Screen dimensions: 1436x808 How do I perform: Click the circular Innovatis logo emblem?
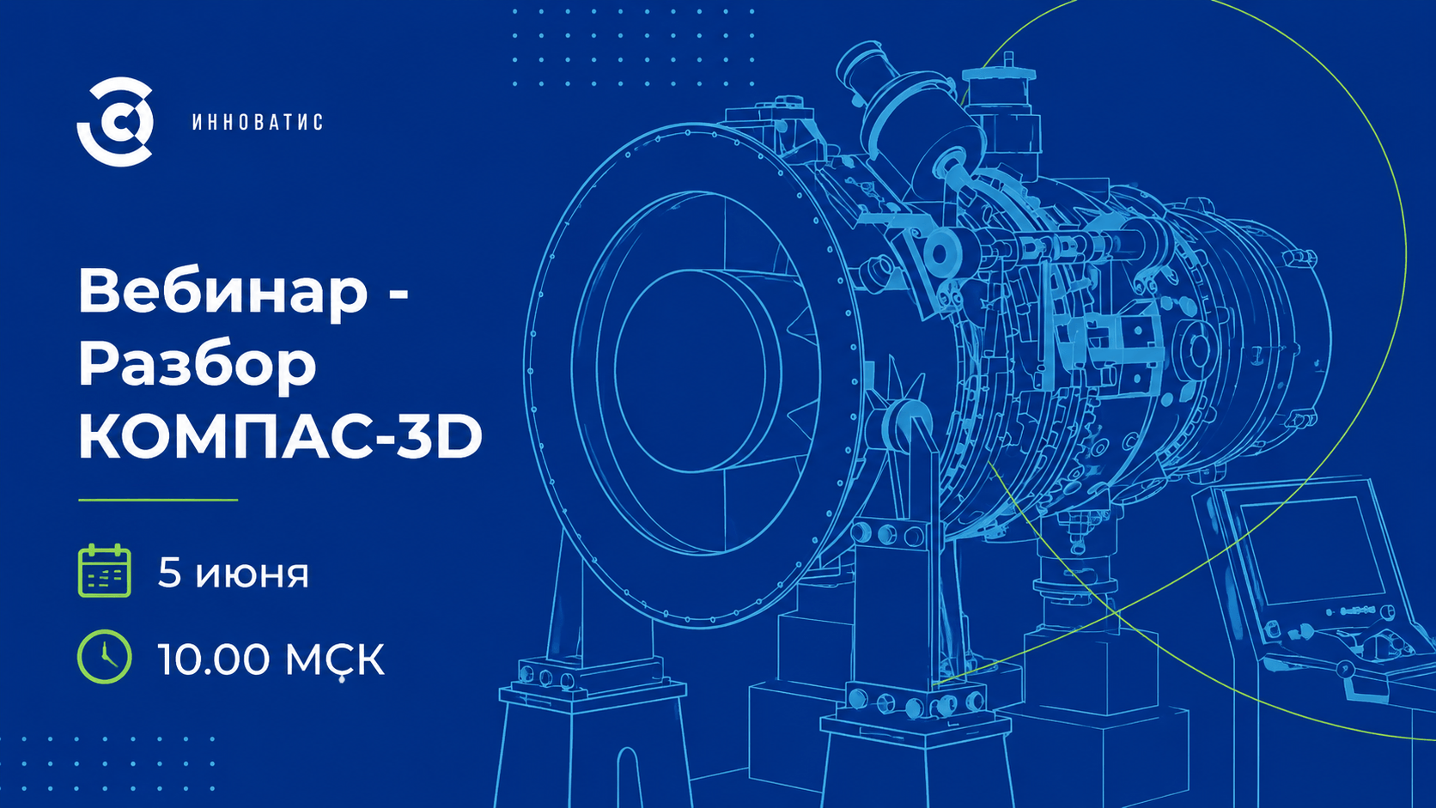(115, 122)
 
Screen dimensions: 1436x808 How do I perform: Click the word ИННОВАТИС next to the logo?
(258, 122)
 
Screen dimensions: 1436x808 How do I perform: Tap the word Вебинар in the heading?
(223, 292)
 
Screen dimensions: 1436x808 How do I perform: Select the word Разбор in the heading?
(198, 366)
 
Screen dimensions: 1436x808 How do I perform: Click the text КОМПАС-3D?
(280, 438)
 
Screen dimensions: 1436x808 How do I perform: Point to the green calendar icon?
(105, 571)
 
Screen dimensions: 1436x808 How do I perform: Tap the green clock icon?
(105, 657)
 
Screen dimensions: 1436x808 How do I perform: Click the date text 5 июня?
(234, 573)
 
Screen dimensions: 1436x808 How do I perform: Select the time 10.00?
(214, 659)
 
